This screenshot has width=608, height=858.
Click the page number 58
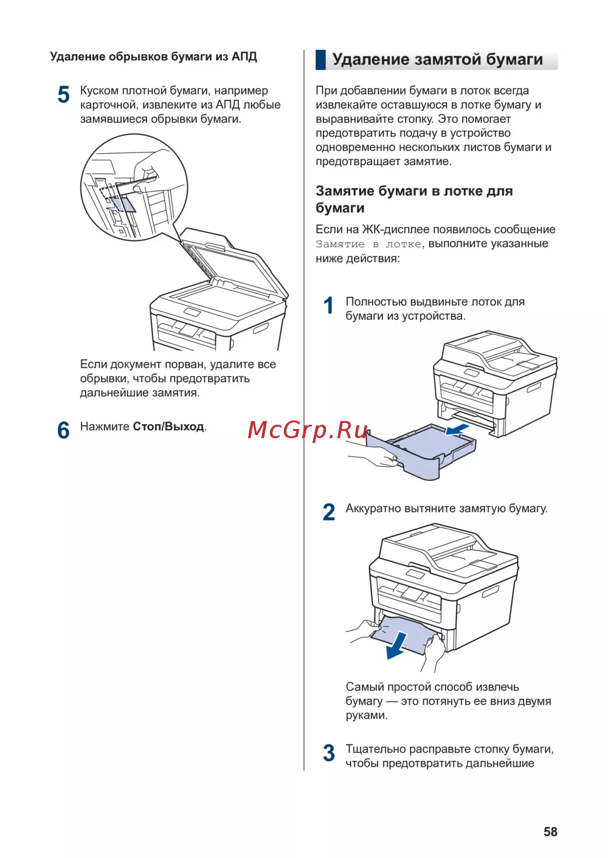click(550, 832)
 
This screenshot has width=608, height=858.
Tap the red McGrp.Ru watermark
click(308, 430)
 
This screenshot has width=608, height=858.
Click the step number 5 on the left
click(64, 95)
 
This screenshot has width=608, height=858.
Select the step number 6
click(64, 430)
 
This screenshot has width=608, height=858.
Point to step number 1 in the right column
click(329, 306)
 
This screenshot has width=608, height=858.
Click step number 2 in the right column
click(329, 512)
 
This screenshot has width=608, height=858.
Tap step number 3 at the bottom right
click(329, 753)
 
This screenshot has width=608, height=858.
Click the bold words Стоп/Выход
click(168, 427)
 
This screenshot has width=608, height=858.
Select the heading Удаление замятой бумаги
click(437, 60)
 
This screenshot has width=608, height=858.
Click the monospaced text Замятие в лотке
click(368, 244)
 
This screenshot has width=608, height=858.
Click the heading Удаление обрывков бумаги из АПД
click(153, 57)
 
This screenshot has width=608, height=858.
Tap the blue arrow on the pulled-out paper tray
click(457, 430)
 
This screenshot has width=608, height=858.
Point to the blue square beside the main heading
click(320, 60)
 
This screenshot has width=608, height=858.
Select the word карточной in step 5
click(108, 105)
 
